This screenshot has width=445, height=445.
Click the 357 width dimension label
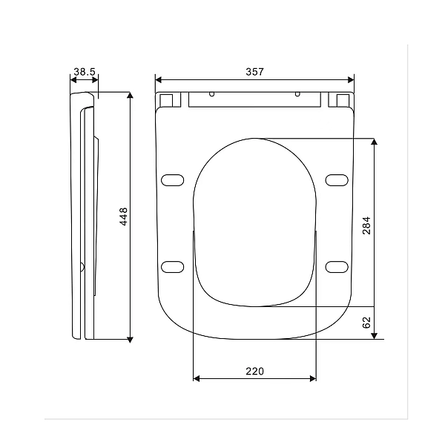(254, 71)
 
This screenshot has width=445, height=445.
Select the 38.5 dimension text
(85, 71)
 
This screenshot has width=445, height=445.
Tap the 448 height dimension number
(124, 216)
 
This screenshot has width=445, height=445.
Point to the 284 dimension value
(366, 225)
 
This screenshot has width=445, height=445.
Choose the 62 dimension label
(366, 323)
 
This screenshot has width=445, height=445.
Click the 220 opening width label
(254, 370)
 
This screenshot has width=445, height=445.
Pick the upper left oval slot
(173, 179)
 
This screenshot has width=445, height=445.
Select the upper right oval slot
(337, 179)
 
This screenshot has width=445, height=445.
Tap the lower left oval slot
(173, 266)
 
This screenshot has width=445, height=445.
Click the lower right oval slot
(337, 266)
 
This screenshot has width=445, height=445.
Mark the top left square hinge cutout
(168, 99)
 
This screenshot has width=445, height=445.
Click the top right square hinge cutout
(342, 99)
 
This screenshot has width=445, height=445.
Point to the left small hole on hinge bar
(212, 94)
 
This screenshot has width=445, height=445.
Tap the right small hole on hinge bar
(297, 94)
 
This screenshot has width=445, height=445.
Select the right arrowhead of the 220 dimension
(312, 379)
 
